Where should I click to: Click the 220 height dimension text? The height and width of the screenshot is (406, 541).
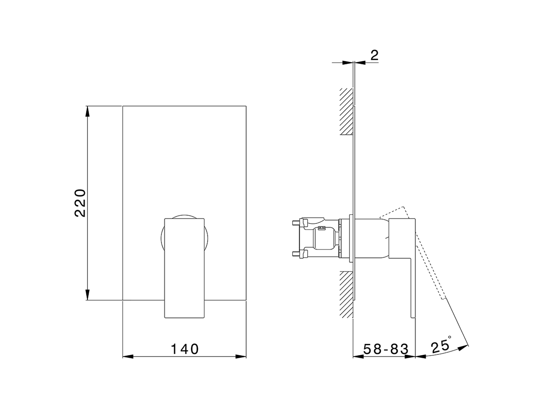pos(80,203)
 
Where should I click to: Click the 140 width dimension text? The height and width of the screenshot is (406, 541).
pos(185,349)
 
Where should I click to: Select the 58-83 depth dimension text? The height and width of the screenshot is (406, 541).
pos(386,349)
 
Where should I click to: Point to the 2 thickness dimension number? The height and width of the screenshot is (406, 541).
pos(374,55)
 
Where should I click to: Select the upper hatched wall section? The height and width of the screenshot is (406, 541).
pos(346,112)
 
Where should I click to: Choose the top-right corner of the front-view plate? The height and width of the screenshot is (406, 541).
pos(246,106)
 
